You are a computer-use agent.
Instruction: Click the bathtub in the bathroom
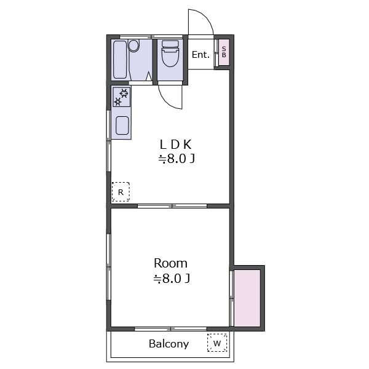(120, 60)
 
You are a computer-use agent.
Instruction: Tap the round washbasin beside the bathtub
(134, 46)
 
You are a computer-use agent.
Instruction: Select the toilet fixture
(170, 54)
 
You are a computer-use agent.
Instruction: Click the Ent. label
(200, 55)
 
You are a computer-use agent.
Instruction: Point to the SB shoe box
(224, 52)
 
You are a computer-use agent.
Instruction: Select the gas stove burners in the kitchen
(121, 97)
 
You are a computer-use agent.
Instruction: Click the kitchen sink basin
(122, 125)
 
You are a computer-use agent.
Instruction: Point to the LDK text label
(175, 145)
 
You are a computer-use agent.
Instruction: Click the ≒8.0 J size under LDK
(177, 159)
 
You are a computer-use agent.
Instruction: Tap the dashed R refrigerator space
(121, 192)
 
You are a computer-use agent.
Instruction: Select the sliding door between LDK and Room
(172, 206)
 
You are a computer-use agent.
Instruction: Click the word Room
(170, 263)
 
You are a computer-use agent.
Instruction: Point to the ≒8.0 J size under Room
(172, 279)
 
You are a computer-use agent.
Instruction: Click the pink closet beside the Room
(247, 298)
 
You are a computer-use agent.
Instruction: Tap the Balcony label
(169, 344)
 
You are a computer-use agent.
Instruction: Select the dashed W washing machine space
(217, 343)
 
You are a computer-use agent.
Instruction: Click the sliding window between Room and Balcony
(170, 329)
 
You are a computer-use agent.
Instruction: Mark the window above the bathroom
(151, 37)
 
